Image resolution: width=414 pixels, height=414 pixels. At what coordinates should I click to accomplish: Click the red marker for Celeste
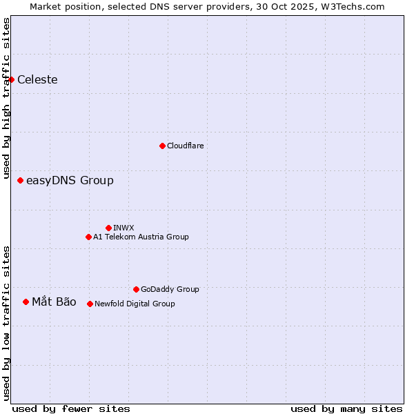coord(12,79)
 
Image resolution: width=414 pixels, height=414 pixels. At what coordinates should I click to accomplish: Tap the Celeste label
coord(37,79)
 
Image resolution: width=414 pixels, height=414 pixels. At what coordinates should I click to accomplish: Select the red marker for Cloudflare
coord(162,146)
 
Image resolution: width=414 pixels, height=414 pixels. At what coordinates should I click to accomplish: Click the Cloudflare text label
coord(185,146)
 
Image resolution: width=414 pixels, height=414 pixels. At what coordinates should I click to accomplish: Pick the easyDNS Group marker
coord(20,181)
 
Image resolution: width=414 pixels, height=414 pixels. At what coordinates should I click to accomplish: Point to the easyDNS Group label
coord(70,181)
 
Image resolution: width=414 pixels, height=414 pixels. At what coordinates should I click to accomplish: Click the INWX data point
coord(108,228)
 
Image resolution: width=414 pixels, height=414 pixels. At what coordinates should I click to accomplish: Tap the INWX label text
coord(124,228)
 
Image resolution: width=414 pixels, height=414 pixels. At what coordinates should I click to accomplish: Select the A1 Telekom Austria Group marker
coord(88,237)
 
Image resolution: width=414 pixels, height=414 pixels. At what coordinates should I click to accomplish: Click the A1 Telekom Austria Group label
coord(141,237)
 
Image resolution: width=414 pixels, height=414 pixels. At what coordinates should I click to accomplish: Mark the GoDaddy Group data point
coord(136,289)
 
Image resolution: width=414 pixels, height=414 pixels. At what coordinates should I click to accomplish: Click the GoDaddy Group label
coord(170,289)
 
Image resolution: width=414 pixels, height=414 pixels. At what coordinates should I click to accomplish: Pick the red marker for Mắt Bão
coord(26,302)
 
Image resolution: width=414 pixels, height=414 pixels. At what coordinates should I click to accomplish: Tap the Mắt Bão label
coord(54,302)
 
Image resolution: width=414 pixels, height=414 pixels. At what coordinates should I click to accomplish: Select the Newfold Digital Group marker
coord(90,304)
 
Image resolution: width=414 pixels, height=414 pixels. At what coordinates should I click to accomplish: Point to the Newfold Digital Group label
coord(135,304)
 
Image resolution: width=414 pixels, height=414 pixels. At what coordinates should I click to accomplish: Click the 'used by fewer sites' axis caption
coord(71,408)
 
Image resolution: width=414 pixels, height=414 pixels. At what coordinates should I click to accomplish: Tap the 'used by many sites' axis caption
coord(346,408)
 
